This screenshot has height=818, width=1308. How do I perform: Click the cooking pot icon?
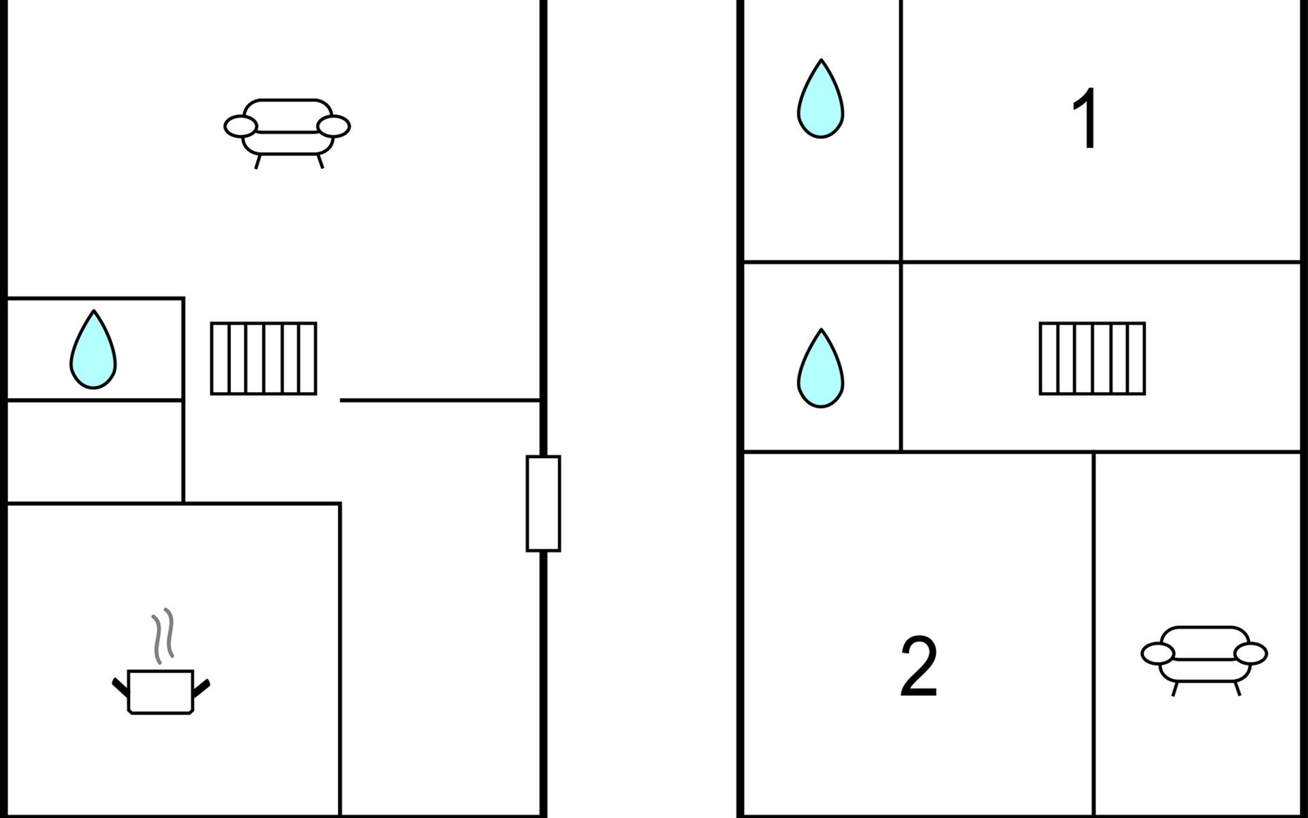click(161, 691)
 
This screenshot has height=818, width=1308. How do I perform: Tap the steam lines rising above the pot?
click(163, 635)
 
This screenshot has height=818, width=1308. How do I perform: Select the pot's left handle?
click(121, 687)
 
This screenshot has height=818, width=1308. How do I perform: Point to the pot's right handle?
click(202, 688)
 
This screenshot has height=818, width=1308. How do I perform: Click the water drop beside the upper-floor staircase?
click(821, 369)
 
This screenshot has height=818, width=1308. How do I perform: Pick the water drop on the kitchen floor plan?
click(93, 350)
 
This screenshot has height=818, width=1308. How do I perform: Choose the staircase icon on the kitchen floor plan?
click(264, 359)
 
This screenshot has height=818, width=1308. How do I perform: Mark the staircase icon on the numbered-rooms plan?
click(1092, 359)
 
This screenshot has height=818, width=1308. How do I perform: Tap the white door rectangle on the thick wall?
click(543, 503)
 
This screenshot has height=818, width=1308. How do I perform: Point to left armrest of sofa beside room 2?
click(1157, 654)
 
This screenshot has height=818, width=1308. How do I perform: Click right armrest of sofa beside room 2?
click(1251, 654)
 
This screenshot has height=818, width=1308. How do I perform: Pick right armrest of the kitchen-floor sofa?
click(334, 126)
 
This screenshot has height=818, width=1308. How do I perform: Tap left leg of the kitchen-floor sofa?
click(258, 162)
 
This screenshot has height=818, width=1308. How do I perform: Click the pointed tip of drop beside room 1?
click(822, 62)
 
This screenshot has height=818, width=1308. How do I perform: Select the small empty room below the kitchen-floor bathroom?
click(95, 451)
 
